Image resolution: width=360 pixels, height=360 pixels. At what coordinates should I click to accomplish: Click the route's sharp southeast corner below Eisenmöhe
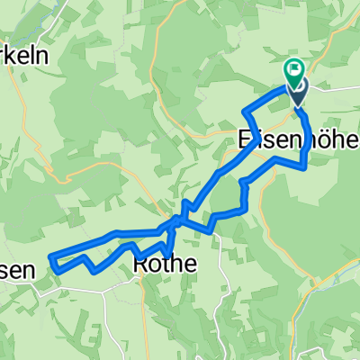[x=306, y=166]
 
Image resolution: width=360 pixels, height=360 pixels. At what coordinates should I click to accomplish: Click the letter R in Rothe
[x=140, y=264]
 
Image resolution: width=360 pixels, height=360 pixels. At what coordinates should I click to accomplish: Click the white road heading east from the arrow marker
[x=333, y=89]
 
